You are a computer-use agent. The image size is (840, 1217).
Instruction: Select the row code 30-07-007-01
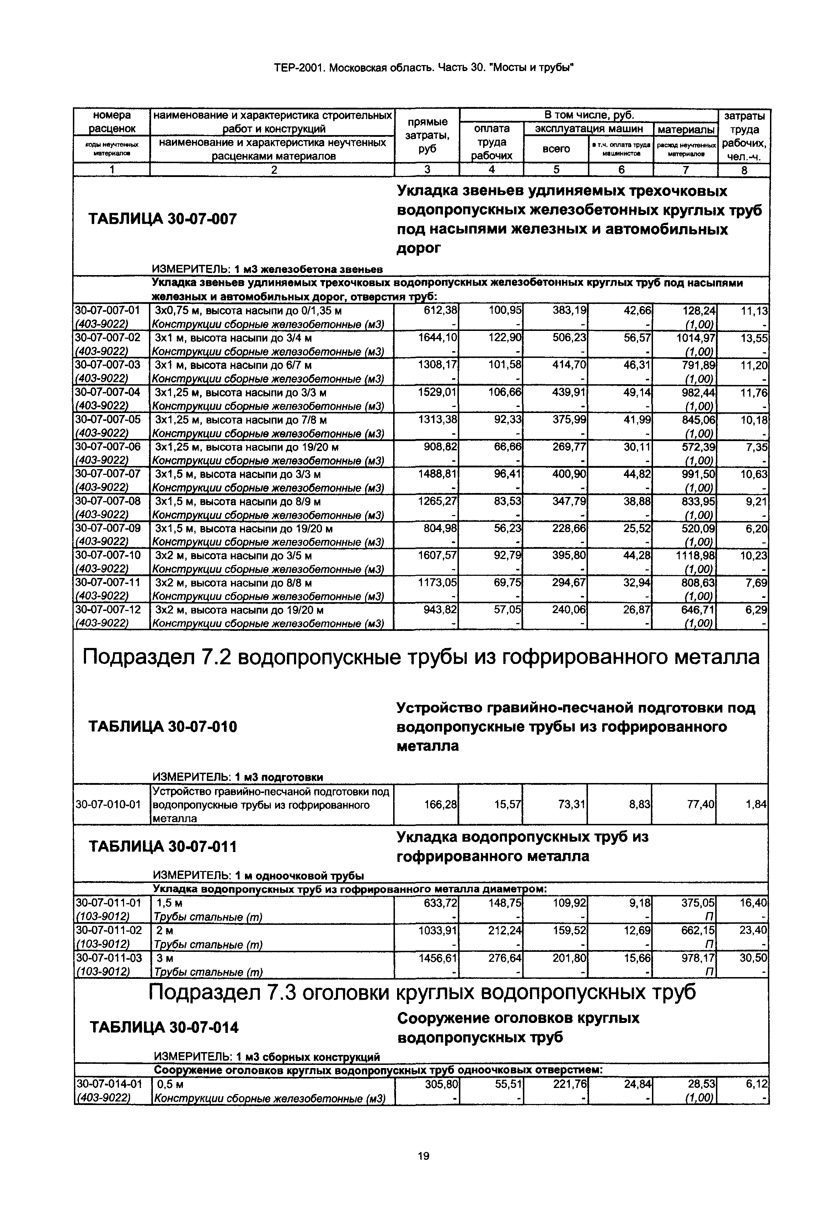pyautogui.click(x=108, y=310)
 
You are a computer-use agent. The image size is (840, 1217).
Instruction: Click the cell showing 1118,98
pyautogui.click(x=695, y=556)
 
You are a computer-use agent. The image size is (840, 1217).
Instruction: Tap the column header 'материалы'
pyautogui.click(x=686, y=129)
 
